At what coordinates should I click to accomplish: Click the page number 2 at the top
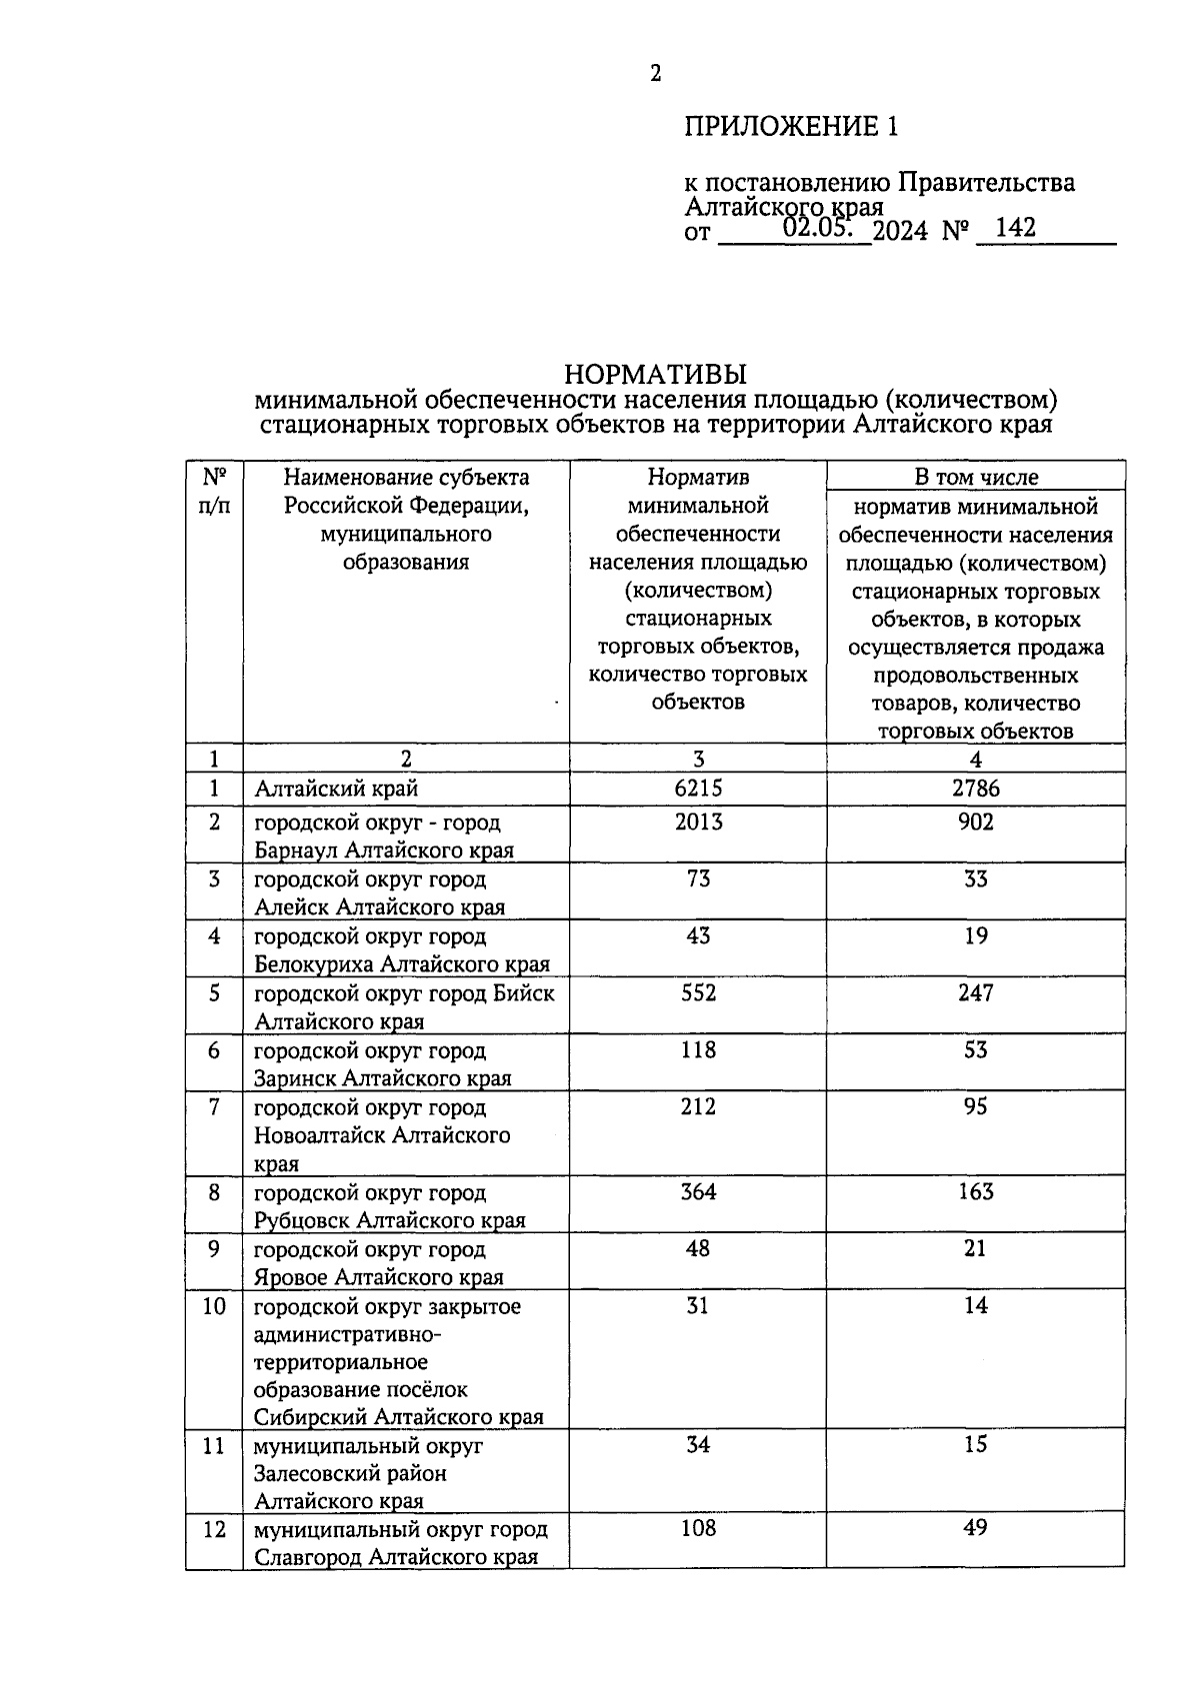click(x=656, y=73)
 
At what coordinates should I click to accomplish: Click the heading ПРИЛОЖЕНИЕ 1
click(x=791, y=127)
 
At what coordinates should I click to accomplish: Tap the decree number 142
click(x=1016, y=228)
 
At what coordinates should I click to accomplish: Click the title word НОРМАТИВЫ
click(x=655, y=375)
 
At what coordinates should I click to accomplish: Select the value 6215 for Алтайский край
click(x=698, y=789)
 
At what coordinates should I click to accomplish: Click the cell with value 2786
click(x=975, y=789)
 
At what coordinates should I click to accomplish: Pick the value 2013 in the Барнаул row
click(x=698, y=823)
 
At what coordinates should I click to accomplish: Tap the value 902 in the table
click(x=975, y=823)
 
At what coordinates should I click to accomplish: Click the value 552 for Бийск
click(x=698, y=993)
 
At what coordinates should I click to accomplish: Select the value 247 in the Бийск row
click(x=975, y=993)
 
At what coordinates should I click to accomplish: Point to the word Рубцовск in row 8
click(x=302, y=1221)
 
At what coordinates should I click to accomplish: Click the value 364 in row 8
click(x=698, y=1192)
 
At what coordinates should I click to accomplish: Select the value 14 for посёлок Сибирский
click(x=975, y=1306)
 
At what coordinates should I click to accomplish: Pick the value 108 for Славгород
click(x=698, y=1529)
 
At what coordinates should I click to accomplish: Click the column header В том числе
click(x=975, y=478)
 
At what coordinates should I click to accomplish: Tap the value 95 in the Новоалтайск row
click(x=975, y=1107)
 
